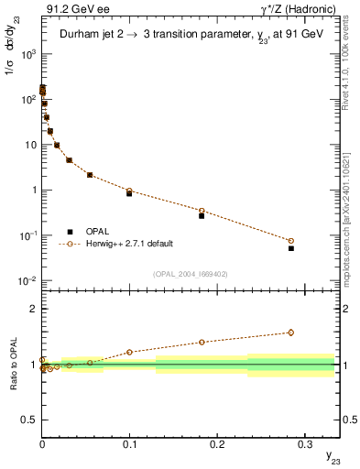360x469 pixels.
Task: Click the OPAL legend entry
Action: click(106, 231)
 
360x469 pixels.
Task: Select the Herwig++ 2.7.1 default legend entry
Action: click(129, 244)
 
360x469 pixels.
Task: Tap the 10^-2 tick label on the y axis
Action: click(27, 281)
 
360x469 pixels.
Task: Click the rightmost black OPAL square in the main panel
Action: click(291, 248)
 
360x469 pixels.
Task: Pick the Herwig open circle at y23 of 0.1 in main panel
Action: click(129, 191)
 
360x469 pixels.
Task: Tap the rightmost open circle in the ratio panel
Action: click(291, 333)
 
